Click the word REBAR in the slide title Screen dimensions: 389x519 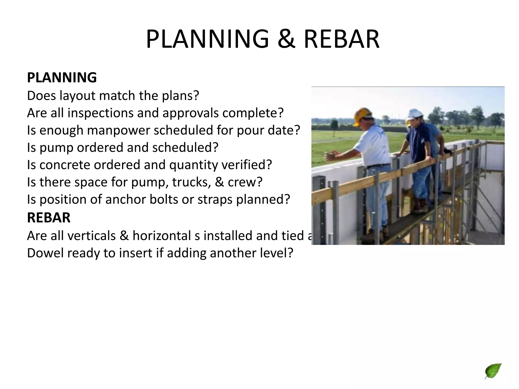tap(341, 39)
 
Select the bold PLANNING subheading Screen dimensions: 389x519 tap(62, 77)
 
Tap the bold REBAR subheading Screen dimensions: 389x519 tap(49, 218)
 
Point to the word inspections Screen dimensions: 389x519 tap(100, 113)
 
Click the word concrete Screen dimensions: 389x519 tap(65, 165)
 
